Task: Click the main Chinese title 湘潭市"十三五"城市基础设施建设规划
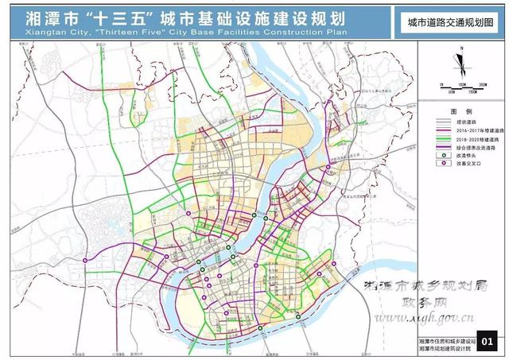click(190, 17)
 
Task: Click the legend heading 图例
click(460, 113)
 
